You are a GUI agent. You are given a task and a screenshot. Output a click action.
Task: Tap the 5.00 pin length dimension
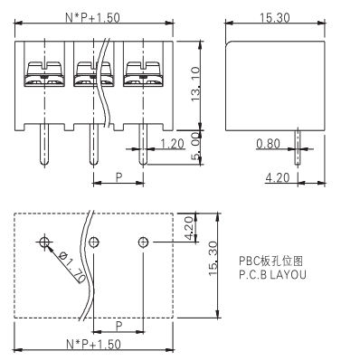click(197, 145)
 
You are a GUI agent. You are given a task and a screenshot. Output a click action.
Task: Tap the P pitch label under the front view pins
click(118, 178)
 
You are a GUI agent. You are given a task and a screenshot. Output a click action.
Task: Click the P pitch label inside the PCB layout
click(118, 324)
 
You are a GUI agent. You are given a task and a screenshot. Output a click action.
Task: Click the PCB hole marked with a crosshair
click(44, 242)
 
